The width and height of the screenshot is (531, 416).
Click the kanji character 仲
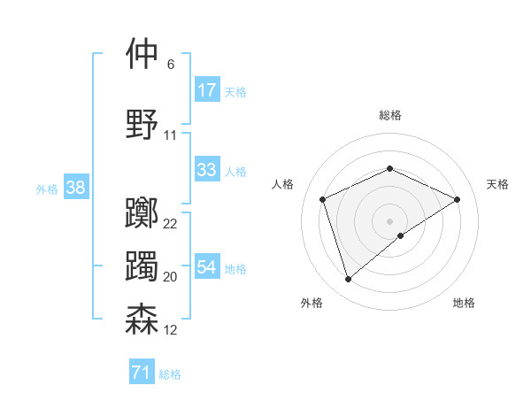point(142,54)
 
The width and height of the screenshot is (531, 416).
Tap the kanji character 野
point(142,124)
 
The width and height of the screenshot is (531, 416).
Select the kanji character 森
point(142,320)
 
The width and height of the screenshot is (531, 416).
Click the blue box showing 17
point(207,90)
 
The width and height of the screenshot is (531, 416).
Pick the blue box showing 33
point(207,170)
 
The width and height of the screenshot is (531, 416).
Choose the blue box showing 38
point(75,188)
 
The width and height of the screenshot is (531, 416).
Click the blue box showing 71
point(141,374)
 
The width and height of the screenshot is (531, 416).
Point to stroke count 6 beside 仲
point(170,65)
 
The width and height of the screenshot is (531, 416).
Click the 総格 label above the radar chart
point(389,115)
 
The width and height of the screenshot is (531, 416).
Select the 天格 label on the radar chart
point(497,184)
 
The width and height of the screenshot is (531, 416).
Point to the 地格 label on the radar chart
point(464,303)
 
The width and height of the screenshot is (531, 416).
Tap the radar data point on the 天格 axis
point(458,199)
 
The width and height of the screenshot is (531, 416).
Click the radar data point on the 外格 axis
point(348,280)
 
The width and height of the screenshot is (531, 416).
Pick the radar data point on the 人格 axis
point(323,199)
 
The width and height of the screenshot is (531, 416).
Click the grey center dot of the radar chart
point(389,220)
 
